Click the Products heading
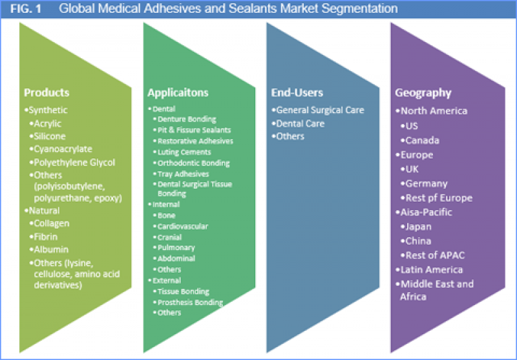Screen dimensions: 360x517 tap(47, 92)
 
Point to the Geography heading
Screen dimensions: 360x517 tap(423, 92)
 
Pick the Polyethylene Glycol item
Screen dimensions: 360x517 tap(74, 162)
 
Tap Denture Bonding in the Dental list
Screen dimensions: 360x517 tap(187, 120)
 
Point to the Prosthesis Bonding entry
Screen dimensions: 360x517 tap(190, 302)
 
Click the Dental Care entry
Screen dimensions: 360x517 tap(300, 123)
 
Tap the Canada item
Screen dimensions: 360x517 tap(423, 140)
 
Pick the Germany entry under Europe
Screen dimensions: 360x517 tap(426, 184)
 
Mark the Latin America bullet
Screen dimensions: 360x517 tap(431, 270)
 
